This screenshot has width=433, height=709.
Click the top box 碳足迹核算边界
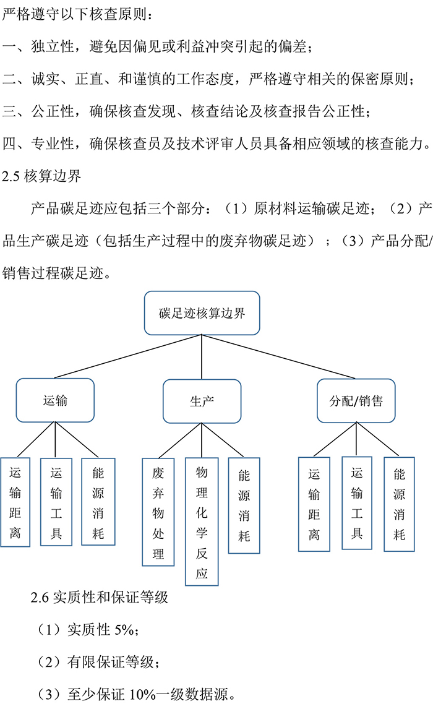[x=201, y=313]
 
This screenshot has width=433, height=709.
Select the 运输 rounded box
[x=55, y=400]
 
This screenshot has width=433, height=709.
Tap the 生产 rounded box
[x=201, y=401]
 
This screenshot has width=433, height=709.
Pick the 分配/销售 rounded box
[x=356, y=400]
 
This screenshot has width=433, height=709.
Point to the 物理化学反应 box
[x=202, y=522]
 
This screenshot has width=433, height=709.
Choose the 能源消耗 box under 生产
[x=244, y=505]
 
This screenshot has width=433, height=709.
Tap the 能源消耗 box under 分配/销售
[x=399, y=504]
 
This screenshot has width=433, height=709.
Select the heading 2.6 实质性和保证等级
[x=99, y=598]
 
